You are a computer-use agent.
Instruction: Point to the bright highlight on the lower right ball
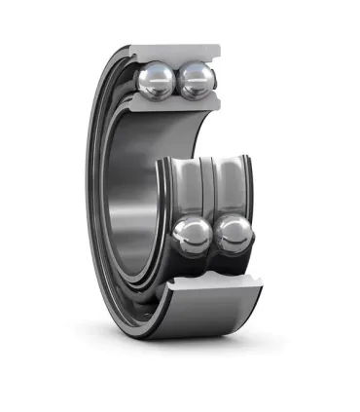click(x=227, y=228)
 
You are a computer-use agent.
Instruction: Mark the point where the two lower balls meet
click(x=213, y=239)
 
